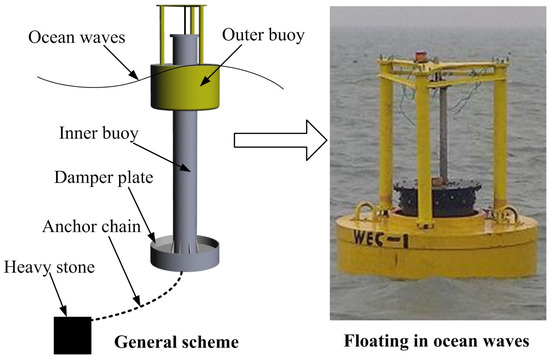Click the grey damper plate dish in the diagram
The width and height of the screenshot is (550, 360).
pos(186,252)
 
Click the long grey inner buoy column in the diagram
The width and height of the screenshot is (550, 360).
pos(186,170)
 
